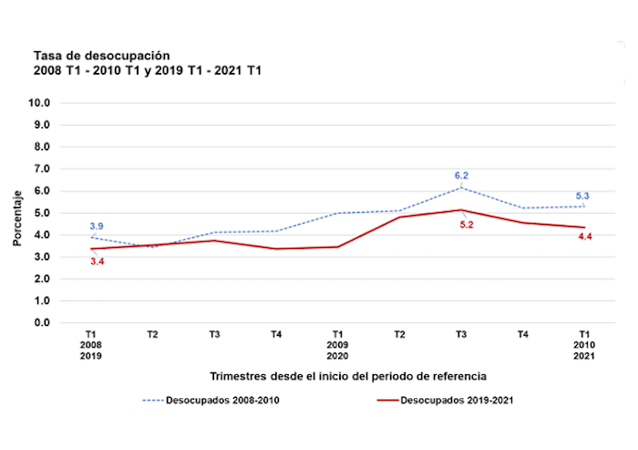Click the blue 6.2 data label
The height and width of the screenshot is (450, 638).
coord(461,175)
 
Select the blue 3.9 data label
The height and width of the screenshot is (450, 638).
coord(97,225)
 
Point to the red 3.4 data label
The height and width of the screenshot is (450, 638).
coord(97,261)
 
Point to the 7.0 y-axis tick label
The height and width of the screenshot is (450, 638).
coord(41,169)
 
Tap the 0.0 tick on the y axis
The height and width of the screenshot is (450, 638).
coord(41,322)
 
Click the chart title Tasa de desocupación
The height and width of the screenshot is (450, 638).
coord(100,56)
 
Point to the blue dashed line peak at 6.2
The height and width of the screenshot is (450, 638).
coord(461,187)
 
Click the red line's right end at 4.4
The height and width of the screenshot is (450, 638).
coord(584,227)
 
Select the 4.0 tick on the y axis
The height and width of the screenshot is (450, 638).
coord(41,235)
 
